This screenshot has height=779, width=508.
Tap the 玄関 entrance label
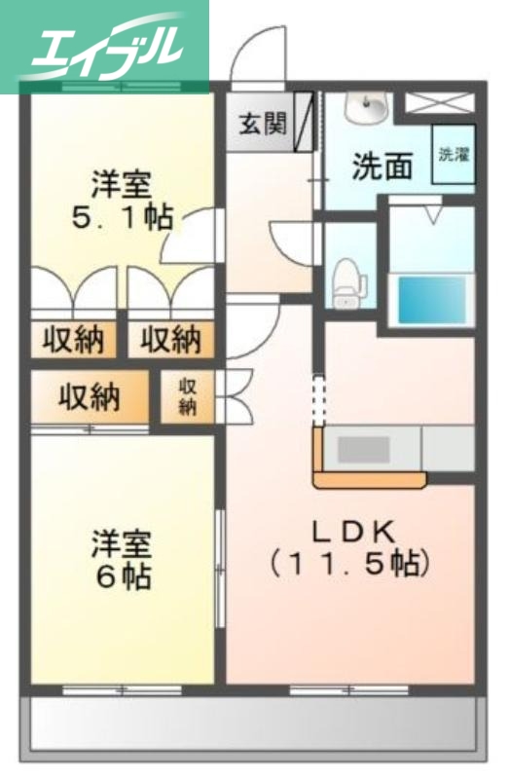click(x=263, y=124)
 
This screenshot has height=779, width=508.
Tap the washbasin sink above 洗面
click(x=368, y=109)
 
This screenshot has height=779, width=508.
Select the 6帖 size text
click(x=123, y=575)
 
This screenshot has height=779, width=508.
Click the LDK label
click(x=351, y=531)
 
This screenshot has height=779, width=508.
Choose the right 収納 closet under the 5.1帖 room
click(x=170, y=340)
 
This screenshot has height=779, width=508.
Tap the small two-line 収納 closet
click(x=187, y=396)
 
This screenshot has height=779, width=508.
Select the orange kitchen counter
click(x=370, y=478)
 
